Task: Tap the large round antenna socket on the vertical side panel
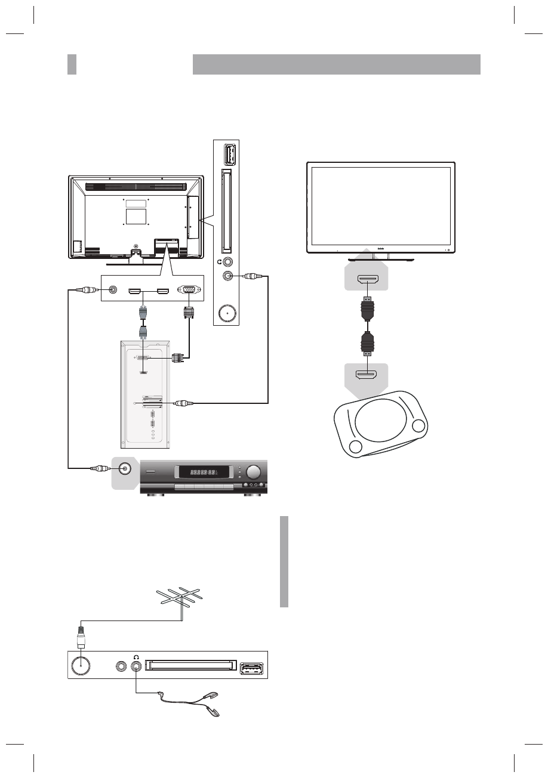227,314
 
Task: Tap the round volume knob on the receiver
254,473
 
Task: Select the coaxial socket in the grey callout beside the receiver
125,469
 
